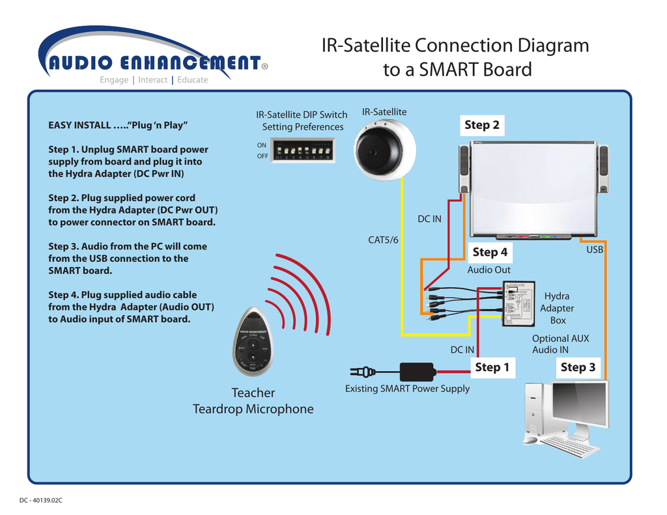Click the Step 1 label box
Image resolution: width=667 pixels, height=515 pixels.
(x=492, y=367)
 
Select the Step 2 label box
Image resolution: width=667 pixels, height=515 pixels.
(x=481, y=125)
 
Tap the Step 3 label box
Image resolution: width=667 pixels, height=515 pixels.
(x=578, y=367)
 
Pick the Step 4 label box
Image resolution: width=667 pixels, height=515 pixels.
(x=489, y=252)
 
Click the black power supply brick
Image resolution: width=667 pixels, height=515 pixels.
(x=417, y=372)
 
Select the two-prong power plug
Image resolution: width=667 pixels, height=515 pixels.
(x=362, y=372)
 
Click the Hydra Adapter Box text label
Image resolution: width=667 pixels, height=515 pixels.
(x=557, y=308)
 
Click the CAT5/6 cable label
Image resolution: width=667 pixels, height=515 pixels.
(x=383, y=240)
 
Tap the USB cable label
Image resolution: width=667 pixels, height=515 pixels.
(x=595, y=249)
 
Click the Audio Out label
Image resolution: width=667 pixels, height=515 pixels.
(x=489, y=270)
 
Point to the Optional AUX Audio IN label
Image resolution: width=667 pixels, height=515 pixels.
(x=560, y=344)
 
